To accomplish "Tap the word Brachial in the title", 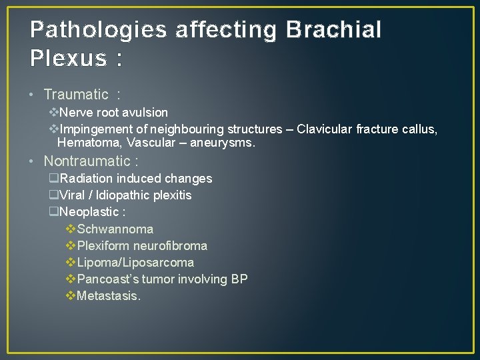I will [333, 30].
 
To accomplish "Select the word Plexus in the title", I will [67, 59].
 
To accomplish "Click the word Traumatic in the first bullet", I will [75, 95].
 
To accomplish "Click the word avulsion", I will [144, 113].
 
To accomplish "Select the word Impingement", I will [97, 129].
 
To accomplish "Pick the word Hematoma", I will [86, 143].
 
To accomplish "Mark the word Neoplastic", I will [89, 213].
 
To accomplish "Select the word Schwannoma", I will [115, 229].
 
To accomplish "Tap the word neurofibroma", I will [171, 246].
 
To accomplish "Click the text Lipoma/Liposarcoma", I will [135, 263].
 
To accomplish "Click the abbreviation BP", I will [239, 279].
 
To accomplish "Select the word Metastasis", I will [109, 296].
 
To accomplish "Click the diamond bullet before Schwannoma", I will [71, 229].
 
